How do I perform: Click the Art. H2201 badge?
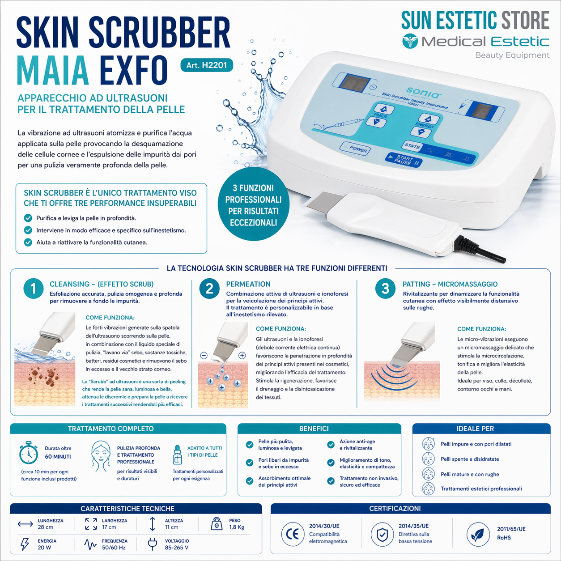(206, 65)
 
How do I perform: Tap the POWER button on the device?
(355, 148)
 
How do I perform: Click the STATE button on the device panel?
(412, 146)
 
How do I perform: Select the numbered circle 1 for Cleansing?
(33, 289)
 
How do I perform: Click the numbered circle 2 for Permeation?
(209, 289)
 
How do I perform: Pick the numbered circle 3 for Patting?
(385, 289)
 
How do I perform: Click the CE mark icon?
(292, 534)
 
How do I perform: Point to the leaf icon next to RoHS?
(478, 534)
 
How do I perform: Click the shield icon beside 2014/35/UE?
(382, 534)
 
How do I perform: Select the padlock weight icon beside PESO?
(217, 523)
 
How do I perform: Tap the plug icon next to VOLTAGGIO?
(153, 544)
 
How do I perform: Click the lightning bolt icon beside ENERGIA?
(25, 544)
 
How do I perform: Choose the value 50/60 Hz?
(114, 548)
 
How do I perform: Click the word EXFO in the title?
(133, 70)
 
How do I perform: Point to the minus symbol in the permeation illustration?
(204, 356)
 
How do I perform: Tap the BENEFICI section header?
(314, 429)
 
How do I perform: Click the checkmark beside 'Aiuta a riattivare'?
(28, 242)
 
